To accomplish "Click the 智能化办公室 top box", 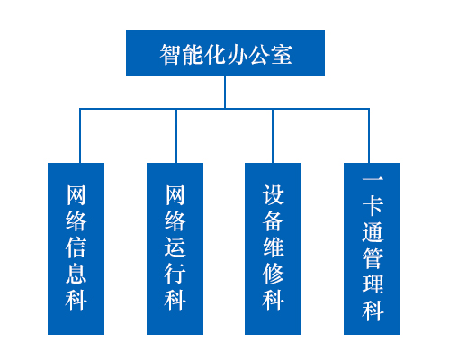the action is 225,52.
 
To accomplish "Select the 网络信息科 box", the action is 76,248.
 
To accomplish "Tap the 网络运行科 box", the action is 175,248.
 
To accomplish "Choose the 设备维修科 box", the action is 273,248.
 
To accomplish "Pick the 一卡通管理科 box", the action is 372,248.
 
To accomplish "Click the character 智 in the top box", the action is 170,54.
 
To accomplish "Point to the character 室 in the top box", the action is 282,54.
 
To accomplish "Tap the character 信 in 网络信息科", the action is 76,247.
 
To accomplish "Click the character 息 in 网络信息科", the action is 76,274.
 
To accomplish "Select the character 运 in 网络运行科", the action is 175,247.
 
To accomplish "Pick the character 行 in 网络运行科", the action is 175,274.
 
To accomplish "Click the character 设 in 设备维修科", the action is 273,195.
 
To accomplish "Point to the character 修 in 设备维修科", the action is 273,274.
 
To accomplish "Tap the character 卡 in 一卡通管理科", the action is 373,206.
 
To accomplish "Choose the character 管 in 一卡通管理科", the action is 373,258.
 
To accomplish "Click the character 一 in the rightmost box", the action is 373,179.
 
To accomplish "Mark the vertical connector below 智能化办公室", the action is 225,92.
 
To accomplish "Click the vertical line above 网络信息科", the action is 80,136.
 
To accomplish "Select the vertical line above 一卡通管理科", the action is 369,136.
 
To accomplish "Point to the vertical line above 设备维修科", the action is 273,136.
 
